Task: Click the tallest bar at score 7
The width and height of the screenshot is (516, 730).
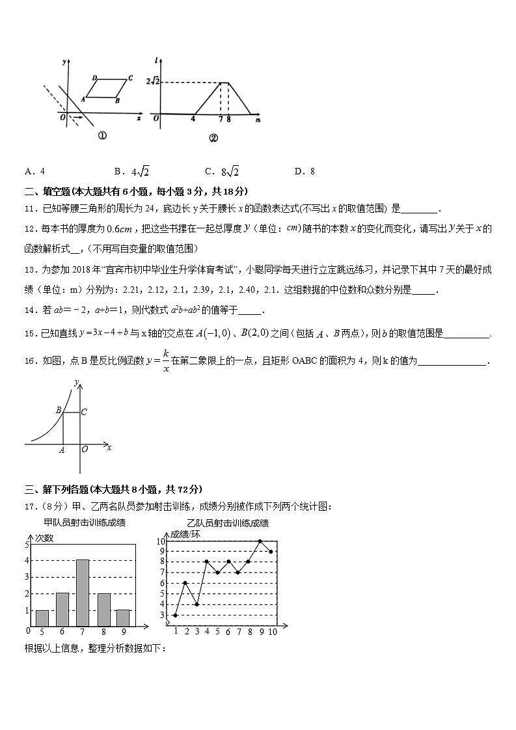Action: click(x=83, y=593)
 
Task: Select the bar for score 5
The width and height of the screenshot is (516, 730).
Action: click(x=42, y=618)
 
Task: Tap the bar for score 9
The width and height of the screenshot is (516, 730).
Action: click(x=123, y=618)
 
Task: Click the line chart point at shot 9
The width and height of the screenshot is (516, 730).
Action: click(x=260, y=541)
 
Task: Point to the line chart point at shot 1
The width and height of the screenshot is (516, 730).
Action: click(x=175, y=615)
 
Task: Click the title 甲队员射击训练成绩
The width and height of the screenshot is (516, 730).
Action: click(x=85, y=522)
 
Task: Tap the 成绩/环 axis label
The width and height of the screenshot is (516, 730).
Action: click(x=185, y=534)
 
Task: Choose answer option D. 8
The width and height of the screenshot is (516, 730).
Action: click(x=305, y=171)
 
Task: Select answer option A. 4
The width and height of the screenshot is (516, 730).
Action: click(x=34, y=171)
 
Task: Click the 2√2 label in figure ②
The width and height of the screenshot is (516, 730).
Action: click(x=152, y=81)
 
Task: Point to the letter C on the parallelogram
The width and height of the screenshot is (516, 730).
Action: click(x=130, y=78)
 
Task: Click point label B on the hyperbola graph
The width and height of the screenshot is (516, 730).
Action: click(x=59, y=410)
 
